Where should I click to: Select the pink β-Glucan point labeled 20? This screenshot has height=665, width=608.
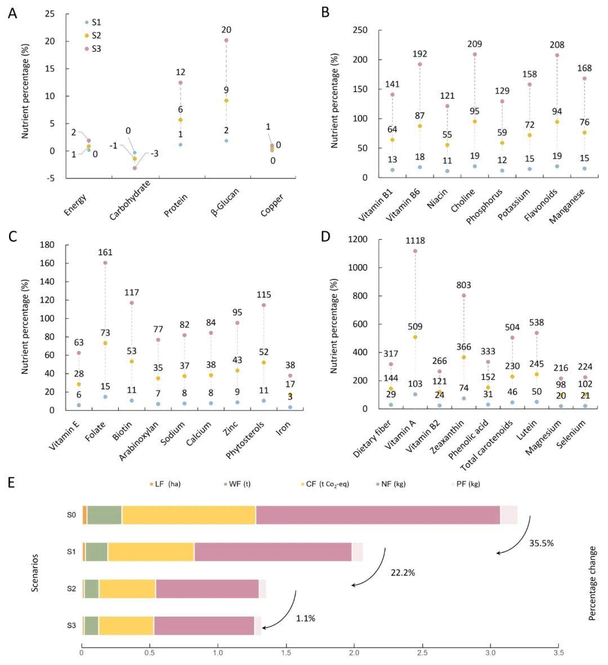tap(226, 40)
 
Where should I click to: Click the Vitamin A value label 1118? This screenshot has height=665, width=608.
tap(415, 241)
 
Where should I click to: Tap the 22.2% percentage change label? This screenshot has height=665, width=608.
tap(403, 573)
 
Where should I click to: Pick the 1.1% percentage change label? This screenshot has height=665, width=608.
tap(306, 618)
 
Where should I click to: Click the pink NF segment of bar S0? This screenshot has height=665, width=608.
tap(377, 515)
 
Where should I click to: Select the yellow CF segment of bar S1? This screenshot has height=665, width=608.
tap(151, 552)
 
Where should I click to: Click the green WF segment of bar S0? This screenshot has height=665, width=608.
tap(104, 515)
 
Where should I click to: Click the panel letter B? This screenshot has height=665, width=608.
tap(325, 12)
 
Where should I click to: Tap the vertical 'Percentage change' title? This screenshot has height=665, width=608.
tap(592, 583)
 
